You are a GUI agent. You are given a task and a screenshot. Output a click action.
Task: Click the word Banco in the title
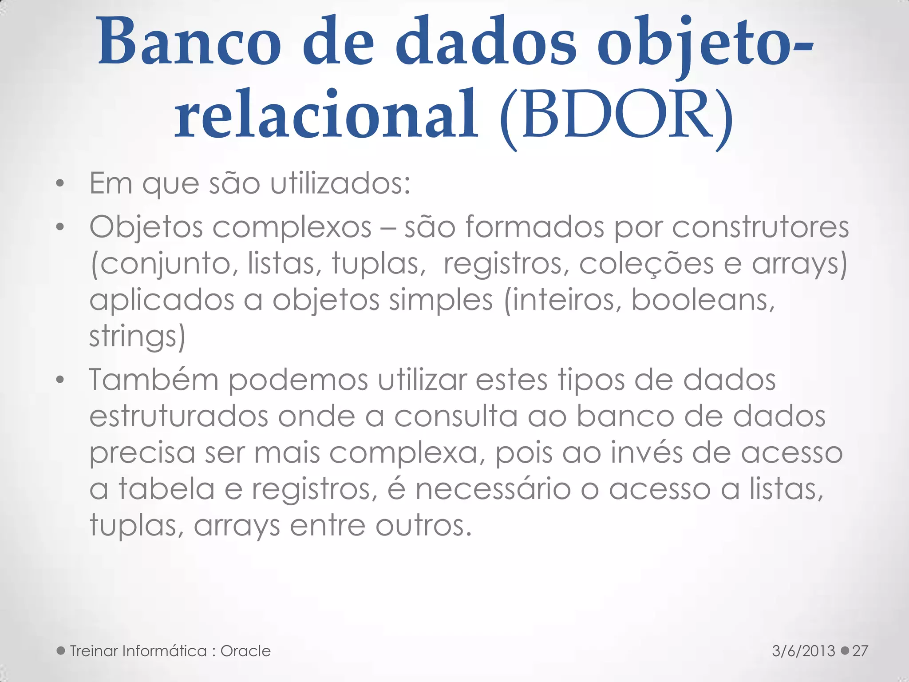click(190, 43)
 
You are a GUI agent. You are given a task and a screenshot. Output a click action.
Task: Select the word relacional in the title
click(326, 115)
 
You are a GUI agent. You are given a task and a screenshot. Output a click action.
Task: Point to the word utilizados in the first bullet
click(340, 183)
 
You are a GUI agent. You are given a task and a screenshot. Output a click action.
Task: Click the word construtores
click(760, 227)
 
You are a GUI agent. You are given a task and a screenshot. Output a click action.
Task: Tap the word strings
click(137, 337)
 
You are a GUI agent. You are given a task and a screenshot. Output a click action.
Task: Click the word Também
click(154, 380)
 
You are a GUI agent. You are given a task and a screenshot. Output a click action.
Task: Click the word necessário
click(493, 489)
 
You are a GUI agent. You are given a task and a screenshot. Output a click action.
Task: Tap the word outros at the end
click(423, 526)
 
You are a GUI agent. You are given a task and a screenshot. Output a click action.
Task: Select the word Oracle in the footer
click(245, 651)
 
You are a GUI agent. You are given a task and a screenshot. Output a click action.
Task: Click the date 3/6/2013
click(804, 651)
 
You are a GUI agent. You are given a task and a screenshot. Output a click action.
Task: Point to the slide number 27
click(860, 651)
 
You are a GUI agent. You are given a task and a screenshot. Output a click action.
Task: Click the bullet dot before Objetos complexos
click(61, 227)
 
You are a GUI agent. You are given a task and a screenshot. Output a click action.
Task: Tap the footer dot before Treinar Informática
click(61, 651)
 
